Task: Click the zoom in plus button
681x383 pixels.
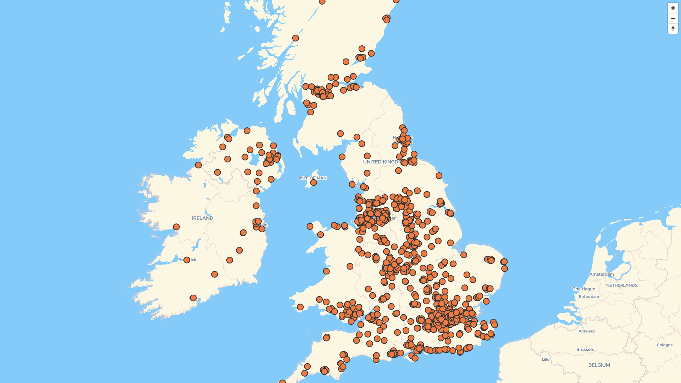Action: (x=673, y=8)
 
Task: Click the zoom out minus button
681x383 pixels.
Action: (x=673, y=18)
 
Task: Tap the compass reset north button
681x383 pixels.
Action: (x=673, y=28)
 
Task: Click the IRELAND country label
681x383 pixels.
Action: (x=203, y=218)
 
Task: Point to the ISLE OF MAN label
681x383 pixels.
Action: (x=313, y=178)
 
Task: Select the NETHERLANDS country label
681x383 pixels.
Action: (x=622, y=285)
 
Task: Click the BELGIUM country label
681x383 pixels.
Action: (x=599, y=365)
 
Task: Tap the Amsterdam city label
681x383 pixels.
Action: (x=602, y=274)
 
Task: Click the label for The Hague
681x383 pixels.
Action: (x=584, y=289)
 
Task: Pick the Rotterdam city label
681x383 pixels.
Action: (x=589, y=296)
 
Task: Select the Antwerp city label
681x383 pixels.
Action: (x=587, y=331)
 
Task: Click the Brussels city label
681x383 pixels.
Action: (x=585, y=349)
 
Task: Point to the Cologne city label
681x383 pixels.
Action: (x=665, y=345)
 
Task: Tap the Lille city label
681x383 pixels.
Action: (x=546, y=359)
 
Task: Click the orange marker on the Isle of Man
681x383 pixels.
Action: (x=314, y=182)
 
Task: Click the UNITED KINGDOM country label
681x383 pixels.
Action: (x=381, y=162)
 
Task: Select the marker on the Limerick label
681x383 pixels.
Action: (x=187, y=260)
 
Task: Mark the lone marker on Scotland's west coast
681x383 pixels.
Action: (x=295, y=38)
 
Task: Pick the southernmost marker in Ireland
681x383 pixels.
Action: (x=193, y=298)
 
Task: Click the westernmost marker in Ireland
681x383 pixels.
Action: (x=176, y=227)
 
